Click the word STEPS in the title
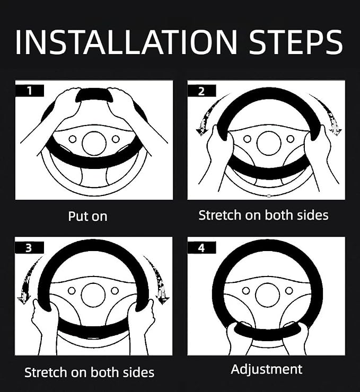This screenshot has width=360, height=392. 296,42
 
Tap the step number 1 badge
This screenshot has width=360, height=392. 30,91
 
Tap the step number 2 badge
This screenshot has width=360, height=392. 201,91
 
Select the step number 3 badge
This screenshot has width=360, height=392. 29,247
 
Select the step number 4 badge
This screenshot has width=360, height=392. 201,247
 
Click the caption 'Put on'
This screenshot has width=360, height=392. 87,216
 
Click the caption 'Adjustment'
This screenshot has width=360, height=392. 267,370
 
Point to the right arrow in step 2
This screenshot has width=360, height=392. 327,114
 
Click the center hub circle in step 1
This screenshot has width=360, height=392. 94,143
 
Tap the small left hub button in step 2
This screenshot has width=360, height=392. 247,139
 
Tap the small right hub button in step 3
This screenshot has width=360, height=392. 115,291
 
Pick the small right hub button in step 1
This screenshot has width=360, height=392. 116,139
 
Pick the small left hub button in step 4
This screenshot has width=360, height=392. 246,291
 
